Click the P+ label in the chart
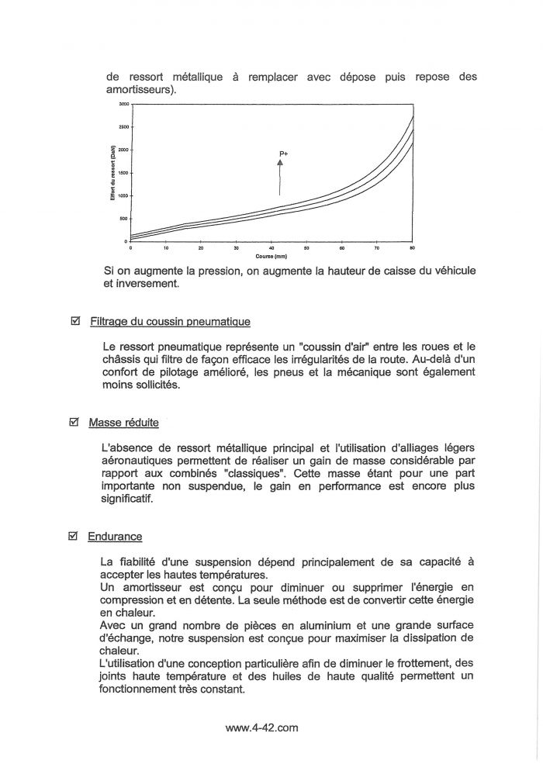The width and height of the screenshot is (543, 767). (x=283, y=155)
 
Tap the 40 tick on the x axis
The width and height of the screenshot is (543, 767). (x=271, y=248)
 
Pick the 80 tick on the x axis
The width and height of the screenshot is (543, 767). (x=413, y=248)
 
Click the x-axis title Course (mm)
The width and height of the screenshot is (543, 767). (x=271, y=255)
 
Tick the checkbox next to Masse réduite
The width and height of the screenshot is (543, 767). (x=75, y=423)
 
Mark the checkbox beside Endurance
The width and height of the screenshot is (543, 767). (x=75, y=536)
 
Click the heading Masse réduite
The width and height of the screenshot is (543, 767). (x=124, y=423)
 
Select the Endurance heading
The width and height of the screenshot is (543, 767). (x=116, y=537)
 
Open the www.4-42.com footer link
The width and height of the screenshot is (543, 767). (x=261, y=728)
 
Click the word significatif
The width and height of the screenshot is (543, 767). (x=128, y=499)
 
